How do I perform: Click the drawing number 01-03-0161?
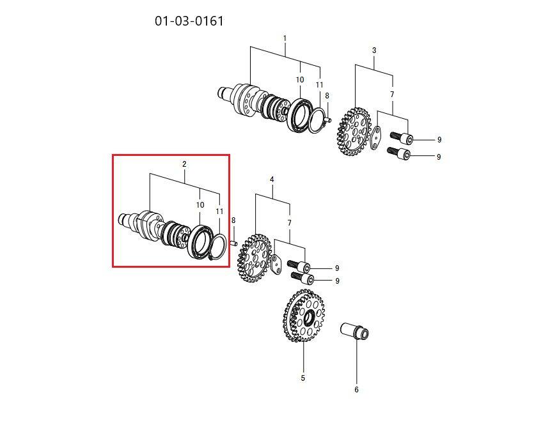189,21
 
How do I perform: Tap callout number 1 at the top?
285,38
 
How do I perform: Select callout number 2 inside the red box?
184,164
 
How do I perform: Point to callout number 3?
374,50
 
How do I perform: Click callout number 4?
272,179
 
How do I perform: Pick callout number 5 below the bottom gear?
302,378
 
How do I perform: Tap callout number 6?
357,390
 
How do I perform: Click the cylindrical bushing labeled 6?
355,331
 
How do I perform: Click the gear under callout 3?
353,132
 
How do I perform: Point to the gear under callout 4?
254,258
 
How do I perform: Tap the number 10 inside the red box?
200,204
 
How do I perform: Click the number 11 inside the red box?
219,211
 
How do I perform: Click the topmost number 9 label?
439,140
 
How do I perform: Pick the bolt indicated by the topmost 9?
402,137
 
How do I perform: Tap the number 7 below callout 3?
392,95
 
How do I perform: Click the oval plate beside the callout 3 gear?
375,137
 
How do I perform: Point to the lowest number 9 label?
337,281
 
